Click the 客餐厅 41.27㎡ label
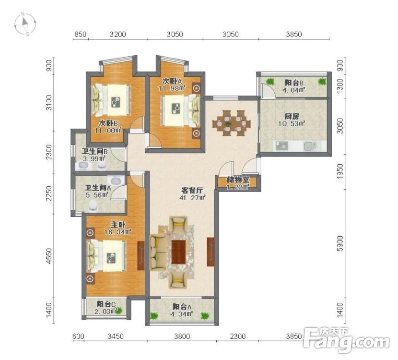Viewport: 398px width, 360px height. [x=191, y=193]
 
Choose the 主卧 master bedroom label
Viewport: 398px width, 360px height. [x=118, y=228]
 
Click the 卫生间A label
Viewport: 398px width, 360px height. [x=97, y=192]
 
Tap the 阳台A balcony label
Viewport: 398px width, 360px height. [x=182, y=310]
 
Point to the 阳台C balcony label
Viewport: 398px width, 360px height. [x=107, y=307]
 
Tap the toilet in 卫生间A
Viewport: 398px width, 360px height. [x=93, y=206]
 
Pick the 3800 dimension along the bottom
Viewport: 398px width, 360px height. [x=182, y=336]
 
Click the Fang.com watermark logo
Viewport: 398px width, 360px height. [x=346, y=340]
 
